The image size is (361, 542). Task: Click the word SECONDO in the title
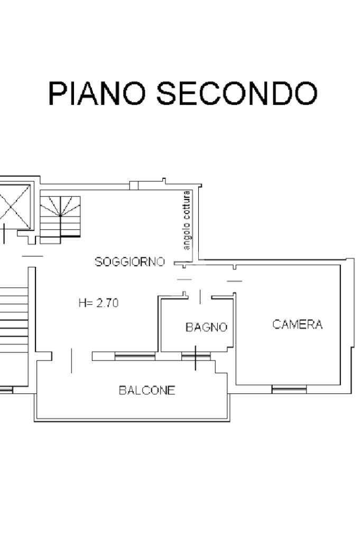tap(237, 93)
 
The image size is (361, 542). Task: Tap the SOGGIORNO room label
tap(130, 261)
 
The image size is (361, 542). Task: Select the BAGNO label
tap(206, 327)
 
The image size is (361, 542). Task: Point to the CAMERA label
tap(298, 324)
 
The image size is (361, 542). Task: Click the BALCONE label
tap(147, 390)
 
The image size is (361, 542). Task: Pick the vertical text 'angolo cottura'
tap(187, 220)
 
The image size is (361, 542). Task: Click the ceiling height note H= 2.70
tap(99, 303)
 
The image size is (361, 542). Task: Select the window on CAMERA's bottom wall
tap(289, 390)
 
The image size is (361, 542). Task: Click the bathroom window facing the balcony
tap(196, 356)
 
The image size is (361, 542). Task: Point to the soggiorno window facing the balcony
tap(135, 356)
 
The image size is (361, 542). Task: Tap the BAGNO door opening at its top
tap(200, 297)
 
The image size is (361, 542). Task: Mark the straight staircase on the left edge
tap(14, 320)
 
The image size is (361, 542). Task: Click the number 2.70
tap(107, 303)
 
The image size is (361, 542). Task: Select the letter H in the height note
tap(82, 303)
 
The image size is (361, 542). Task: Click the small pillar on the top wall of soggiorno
tap(134, 185)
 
